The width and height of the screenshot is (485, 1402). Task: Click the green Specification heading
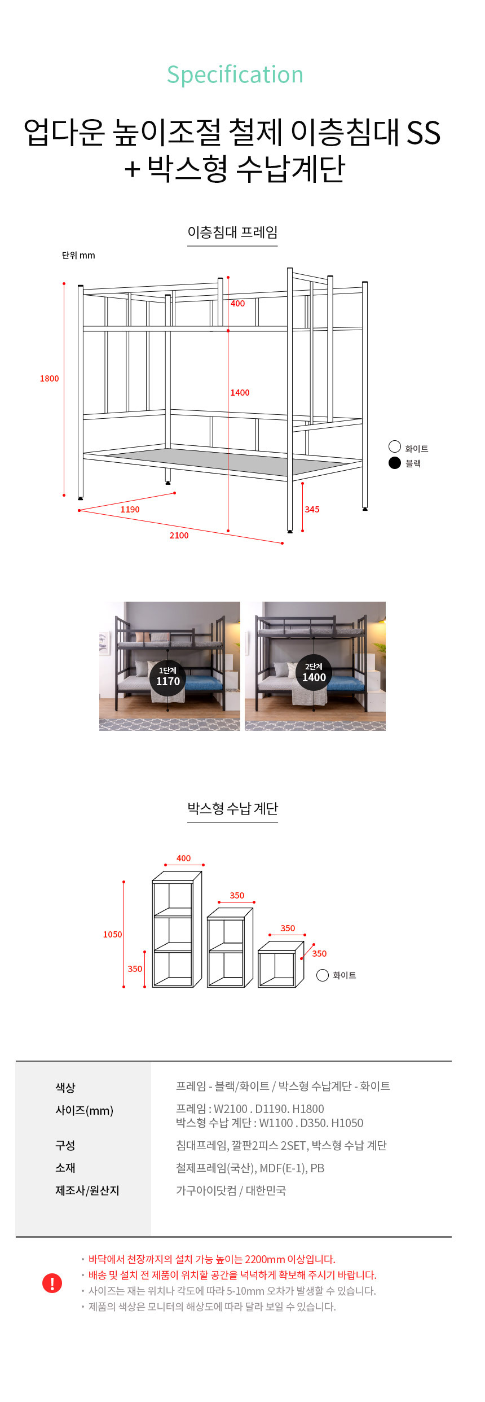(x=235, y=75)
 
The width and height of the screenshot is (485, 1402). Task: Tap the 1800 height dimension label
(x=49, y=379)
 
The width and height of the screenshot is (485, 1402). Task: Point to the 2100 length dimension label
(x=179, y=536)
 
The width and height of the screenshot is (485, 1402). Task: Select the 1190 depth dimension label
(x=130, y=510)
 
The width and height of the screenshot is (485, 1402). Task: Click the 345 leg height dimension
(x=312, y=510)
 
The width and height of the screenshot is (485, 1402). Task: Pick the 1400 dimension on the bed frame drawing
(x=240, y=393)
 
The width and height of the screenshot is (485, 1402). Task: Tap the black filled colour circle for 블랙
(x=395, y=463)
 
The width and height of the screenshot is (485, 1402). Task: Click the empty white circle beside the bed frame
(x=395, y=446)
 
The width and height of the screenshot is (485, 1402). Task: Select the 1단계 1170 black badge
(x=168, y=677)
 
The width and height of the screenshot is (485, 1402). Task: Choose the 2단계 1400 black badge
(x=314, y=673)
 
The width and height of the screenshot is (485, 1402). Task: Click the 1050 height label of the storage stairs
(x=112, y=935)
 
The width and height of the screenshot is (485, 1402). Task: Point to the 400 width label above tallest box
(x=183, y=858)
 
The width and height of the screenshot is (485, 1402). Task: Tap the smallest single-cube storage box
(x=281, y=965)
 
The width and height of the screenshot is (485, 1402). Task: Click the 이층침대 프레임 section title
(x=232, y=232)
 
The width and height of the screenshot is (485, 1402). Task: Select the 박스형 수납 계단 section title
(x=232, y=809)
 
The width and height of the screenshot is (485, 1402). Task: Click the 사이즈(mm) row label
(x=84, y=1111)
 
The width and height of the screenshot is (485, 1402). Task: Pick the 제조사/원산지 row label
(x=87, y=1190)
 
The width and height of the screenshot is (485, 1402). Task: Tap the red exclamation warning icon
(x=52, y=1283)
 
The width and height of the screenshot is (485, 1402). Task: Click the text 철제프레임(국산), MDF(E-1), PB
(x=250, y=1168)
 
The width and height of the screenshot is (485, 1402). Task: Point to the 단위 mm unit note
(x=78, y=256)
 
